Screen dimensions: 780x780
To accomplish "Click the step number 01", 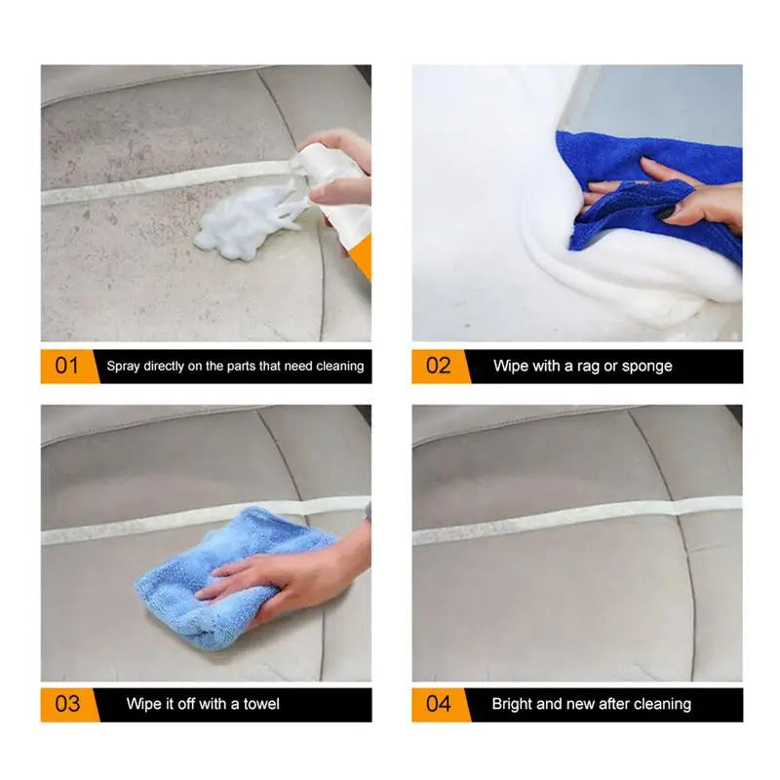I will point(67,367).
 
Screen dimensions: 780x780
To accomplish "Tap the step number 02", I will point(439,367).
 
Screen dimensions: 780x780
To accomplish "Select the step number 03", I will point(67,704).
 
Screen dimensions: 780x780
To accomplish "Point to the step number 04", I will point(439,704).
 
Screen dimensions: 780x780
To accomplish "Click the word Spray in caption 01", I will point(123,367).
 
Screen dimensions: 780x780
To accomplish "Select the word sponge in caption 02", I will point(646,367).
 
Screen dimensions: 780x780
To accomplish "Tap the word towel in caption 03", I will point(260,704).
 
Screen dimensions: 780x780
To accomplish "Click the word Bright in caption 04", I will point(513,704).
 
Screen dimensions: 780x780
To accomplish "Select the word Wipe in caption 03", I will point(144,704).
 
